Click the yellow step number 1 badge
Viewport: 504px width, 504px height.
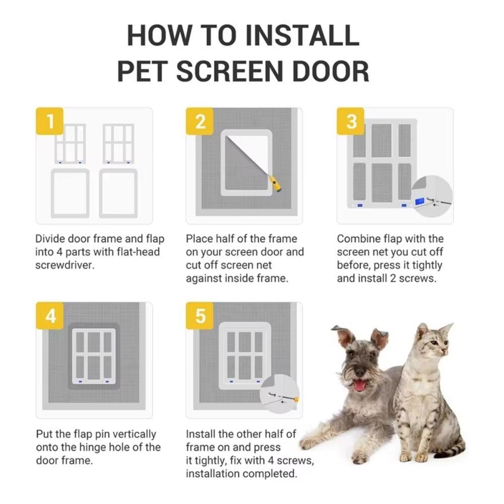point(49,121)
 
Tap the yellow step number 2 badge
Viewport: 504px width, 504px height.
point(200,121)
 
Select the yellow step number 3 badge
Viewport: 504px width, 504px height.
point(351,121)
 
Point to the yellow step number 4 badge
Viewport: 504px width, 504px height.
point(50,316)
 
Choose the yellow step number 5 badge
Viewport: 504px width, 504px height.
point(200,316)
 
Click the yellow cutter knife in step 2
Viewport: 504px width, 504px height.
point(275,184)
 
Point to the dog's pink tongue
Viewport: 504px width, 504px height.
point(360,386)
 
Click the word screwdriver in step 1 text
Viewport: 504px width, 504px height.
point(65,265)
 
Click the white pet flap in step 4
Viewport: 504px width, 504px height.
point(94,355)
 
